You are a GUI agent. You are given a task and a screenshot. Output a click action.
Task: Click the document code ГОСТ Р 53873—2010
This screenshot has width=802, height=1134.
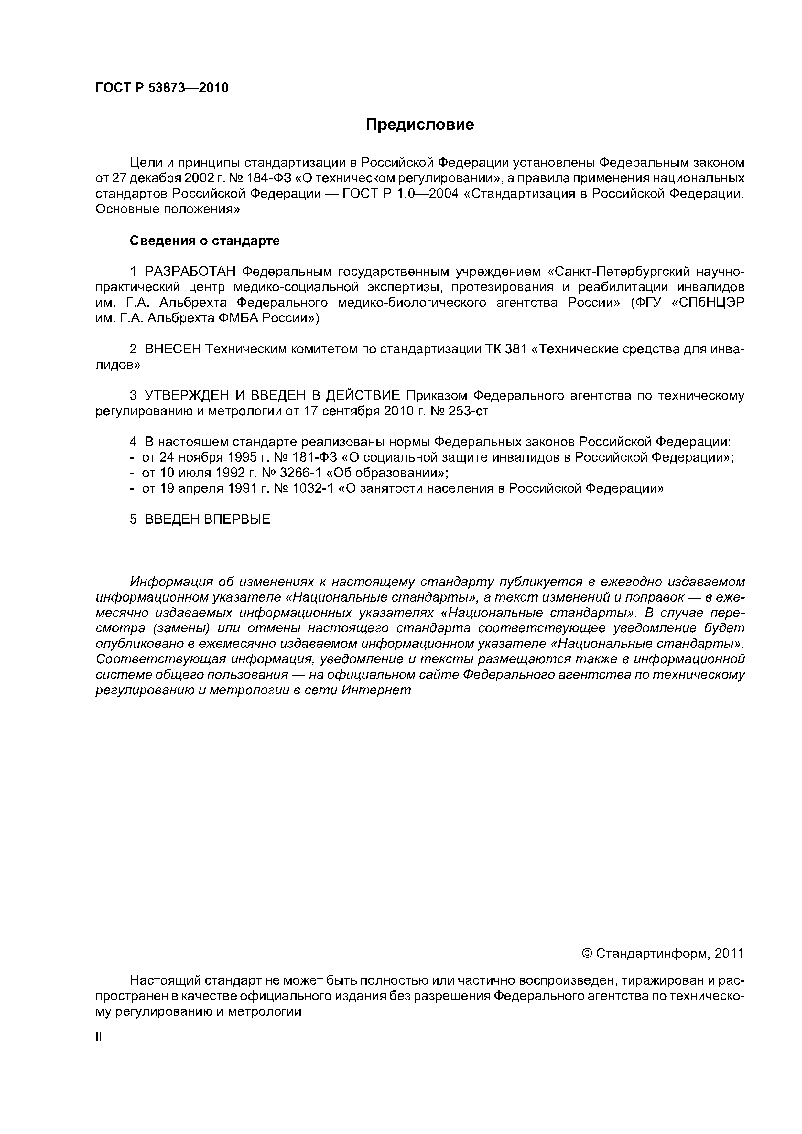point(162,88)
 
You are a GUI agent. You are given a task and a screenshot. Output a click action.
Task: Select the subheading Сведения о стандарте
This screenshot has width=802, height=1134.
point(205,241)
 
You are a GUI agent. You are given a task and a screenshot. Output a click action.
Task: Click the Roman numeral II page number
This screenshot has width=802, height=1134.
point(98,1037)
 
